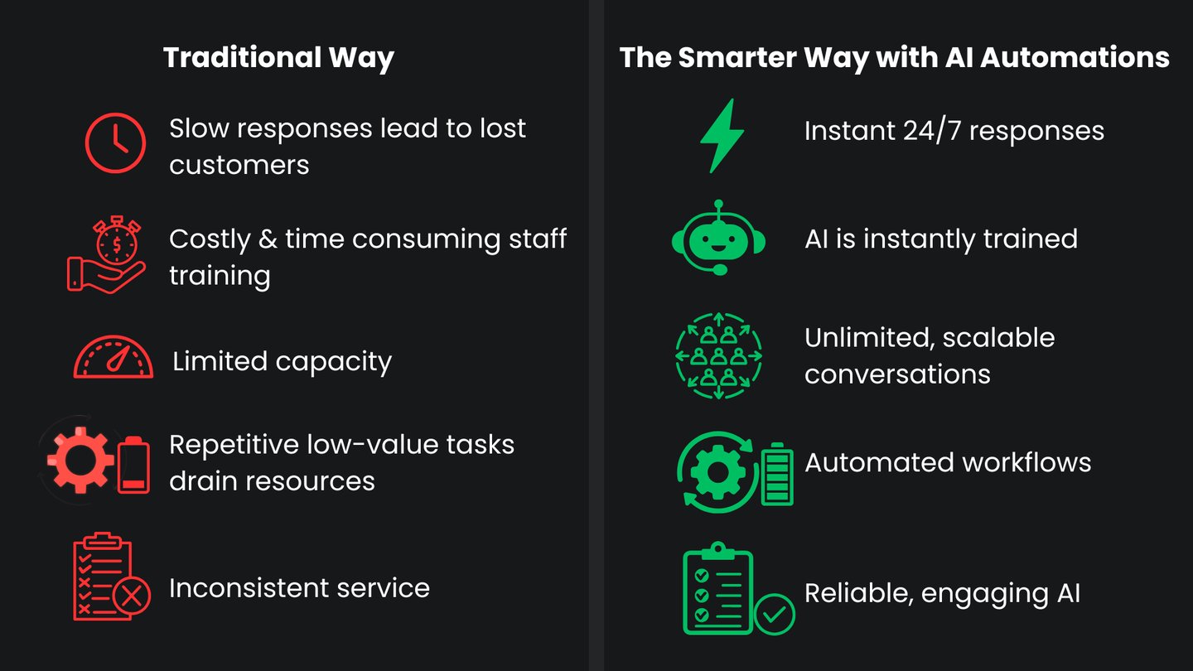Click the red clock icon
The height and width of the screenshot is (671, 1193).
115,143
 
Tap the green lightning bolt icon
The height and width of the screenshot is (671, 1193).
722,135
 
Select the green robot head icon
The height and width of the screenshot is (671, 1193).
718,238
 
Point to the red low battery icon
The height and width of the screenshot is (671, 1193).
133,466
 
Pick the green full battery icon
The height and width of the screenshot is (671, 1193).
776,474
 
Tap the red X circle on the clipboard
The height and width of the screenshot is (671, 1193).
131,596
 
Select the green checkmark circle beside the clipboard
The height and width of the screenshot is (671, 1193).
775,614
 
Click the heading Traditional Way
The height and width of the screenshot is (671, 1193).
278,58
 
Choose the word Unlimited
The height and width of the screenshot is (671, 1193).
869,338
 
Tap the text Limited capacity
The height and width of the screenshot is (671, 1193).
282,362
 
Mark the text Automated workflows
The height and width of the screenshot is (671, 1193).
948,462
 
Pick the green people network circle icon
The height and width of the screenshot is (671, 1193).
718,355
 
